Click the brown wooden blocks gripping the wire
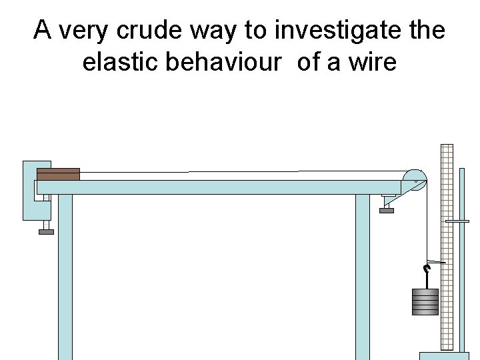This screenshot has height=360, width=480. [58, 174]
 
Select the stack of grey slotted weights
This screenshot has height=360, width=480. [425, 301]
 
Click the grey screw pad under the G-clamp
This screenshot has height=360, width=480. [46, 232]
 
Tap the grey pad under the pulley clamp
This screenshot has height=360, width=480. [386, 211]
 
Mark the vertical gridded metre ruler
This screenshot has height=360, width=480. [447, 247]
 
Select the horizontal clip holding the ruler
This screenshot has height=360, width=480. [457, 221]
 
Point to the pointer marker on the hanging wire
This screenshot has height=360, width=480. [435, 262]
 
